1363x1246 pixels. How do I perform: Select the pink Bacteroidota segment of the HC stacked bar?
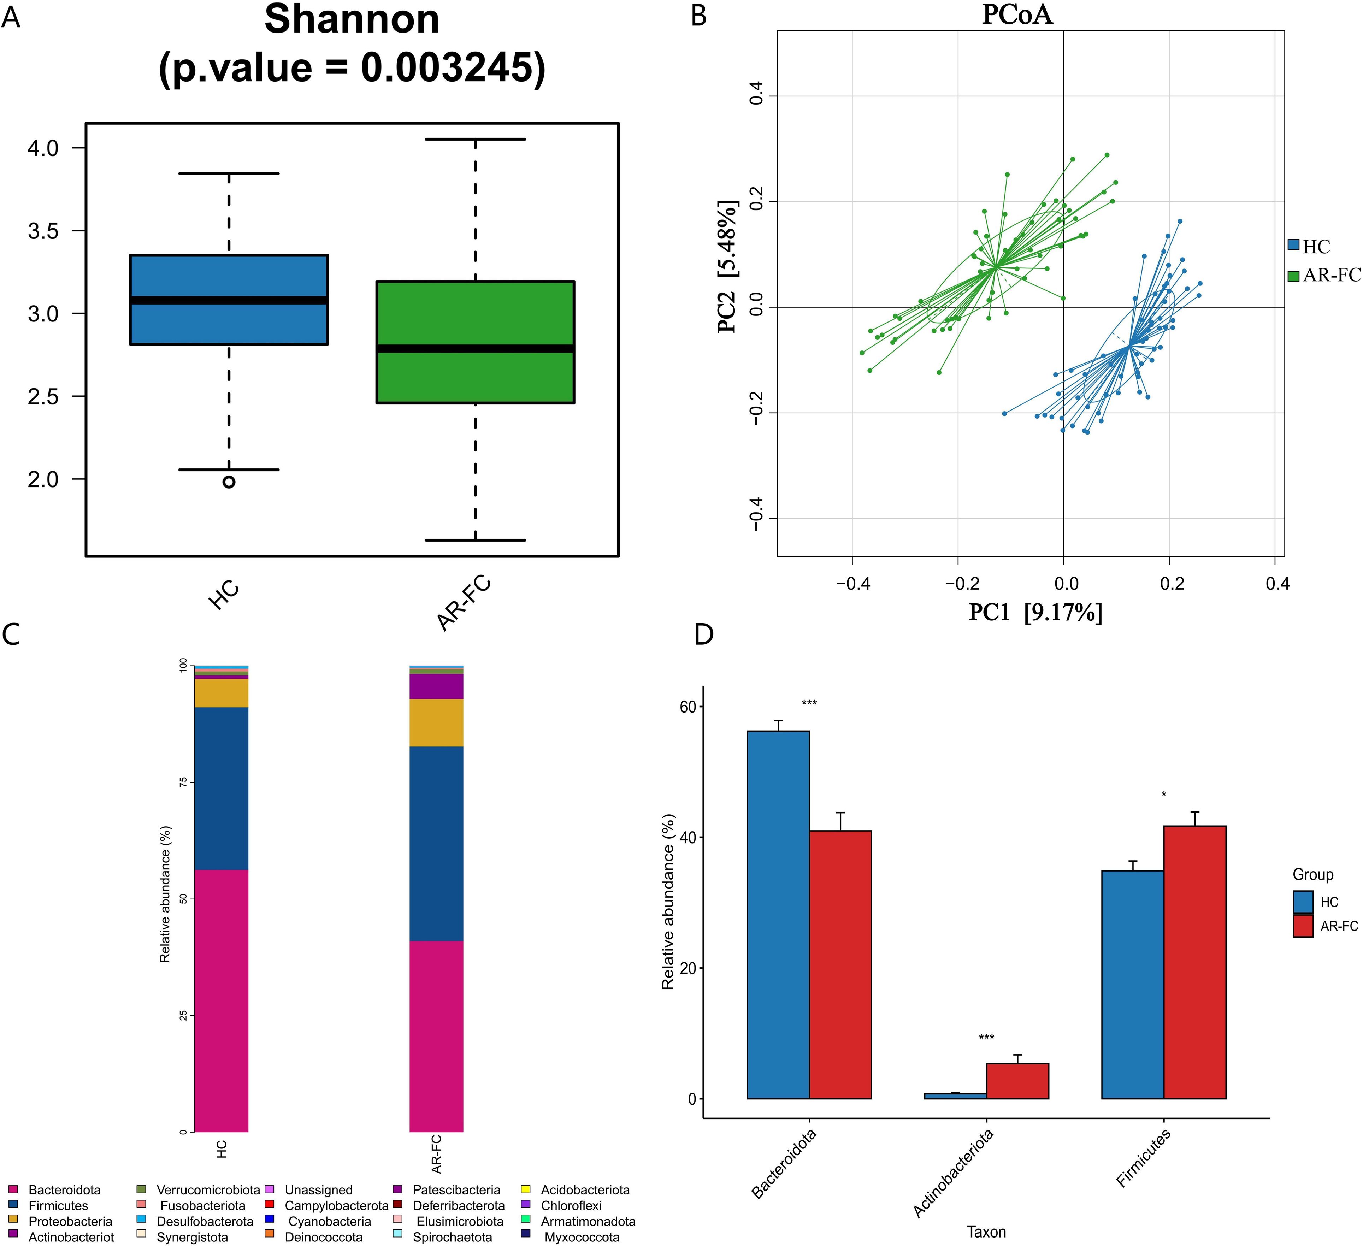click(x=221, y=1000)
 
